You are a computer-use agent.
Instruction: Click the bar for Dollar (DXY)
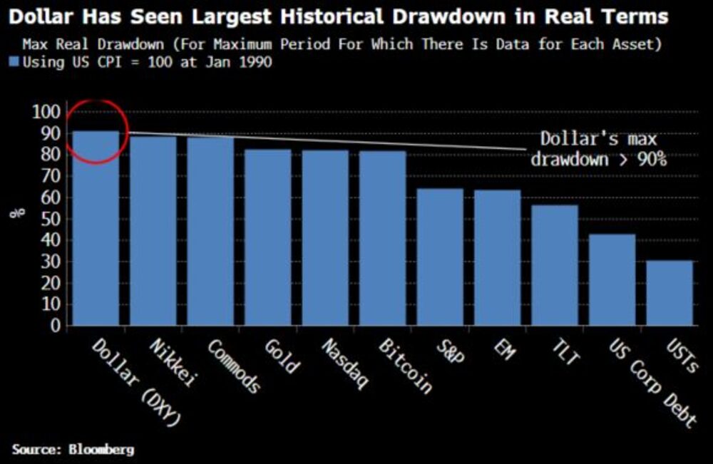[x=96, y=228]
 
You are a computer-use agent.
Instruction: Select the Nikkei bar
[x=153, y=231]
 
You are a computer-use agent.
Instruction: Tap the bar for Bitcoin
[x=382, y=238]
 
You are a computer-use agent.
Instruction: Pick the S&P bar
[x=440, y=257]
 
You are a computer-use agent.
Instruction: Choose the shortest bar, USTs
[x=670, y=293]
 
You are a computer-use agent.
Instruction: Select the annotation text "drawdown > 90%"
[x=598, y=159]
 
